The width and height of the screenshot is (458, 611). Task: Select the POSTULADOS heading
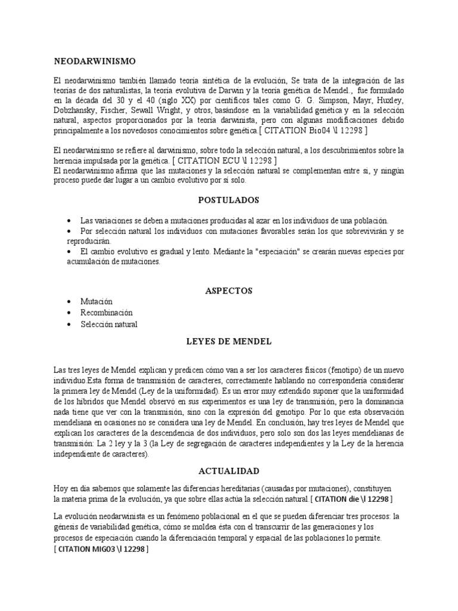point(228,200)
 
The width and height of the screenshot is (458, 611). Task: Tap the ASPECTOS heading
point(228,291)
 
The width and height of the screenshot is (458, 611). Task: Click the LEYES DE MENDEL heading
point(228,341)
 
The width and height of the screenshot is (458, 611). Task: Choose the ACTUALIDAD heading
point(228,471)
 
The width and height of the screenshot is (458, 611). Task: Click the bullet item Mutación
point(96,301)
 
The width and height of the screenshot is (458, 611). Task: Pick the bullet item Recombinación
point(106,313)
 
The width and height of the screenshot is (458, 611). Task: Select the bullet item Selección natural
point(109,325)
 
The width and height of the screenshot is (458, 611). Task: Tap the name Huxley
point(388,100)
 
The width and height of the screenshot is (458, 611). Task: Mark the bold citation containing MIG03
point(101,549)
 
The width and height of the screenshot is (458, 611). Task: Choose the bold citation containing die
point(352,498)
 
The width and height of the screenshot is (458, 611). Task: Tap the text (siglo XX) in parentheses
point(178,100)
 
